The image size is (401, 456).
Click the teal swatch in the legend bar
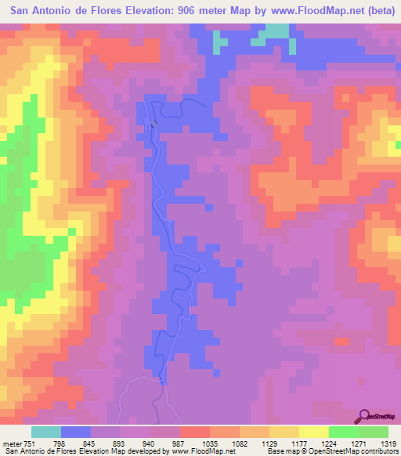46,432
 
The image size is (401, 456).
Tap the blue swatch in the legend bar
76,432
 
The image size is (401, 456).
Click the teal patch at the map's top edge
274,31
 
